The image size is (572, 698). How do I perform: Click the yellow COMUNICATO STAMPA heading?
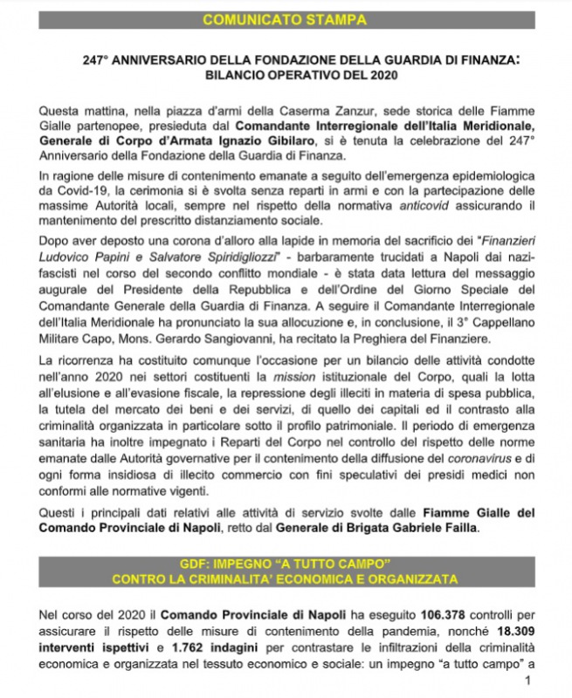[286, 19]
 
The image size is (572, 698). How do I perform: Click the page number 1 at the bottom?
[527, 681]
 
